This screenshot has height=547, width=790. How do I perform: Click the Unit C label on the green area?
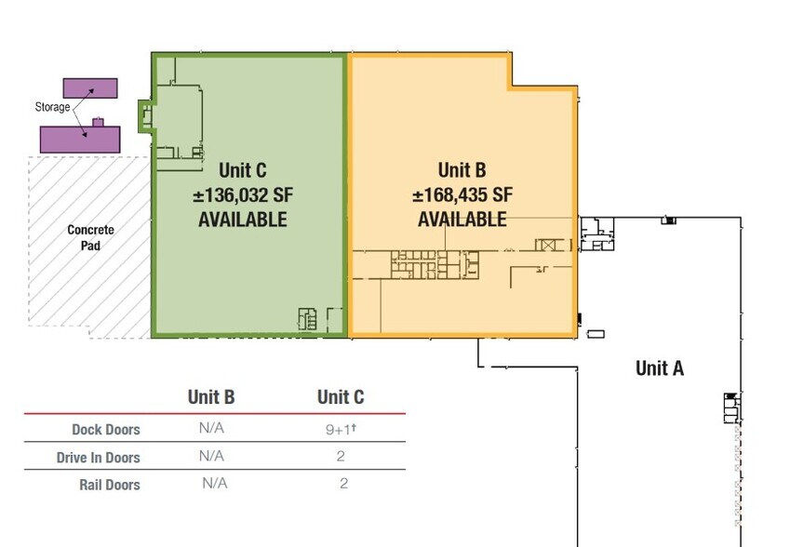pyautogui.click(x=243, y=170)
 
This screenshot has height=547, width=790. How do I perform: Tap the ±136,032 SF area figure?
pyautogui.click(x=242, y=195)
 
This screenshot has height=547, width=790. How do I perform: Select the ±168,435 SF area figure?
pyautogui.click(x=462, y=195)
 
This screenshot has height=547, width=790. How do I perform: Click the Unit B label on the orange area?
pyautogui.click(x=462, y=170)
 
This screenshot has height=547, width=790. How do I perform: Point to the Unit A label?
pyautogui.click(x=660, y=368)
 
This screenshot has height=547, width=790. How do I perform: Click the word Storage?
pyautogui.click(x=52, y=107)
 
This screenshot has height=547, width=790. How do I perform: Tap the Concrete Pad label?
pyautogui.click(x=90, y=238)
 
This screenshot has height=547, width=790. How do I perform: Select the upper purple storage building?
pyautogui.click(x=90, y=88)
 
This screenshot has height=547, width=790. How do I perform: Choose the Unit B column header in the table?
pyautogui.click(x=211, y=397)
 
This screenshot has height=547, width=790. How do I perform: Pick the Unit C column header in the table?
pyautogui.click(x=341, y=397)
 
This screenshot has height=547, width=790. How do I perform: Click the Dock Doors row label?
pyautogui.click(x=106, y=430)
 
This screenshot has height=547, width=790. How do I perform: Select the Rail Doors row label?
pyautogui.click(x=110, y=485)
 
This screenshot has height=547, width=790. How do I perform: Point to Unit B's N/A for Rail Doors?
pyautogui.click(x=215, y=484)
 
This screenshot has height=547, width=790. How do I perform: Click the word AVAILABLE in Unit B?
pyautogui.click(x=462, y=220)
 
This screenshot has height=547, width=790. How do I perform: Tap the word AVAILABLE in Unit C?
pyautogui.click(x=243, y=220)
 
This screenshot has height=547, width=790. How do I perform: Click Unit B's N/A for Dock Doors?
pyautogui.click(x=211, y=429)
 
